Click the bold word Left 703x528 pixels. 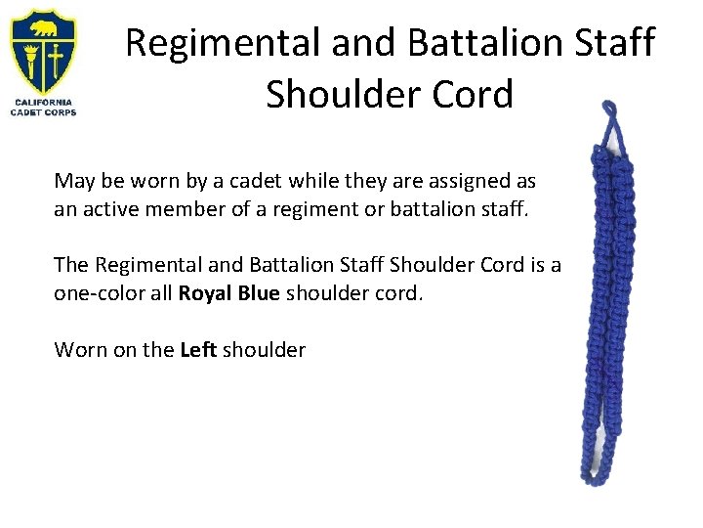198,349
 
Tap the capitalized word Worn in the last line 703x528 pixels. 76,349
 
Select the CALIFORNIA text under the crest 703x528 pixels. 43,103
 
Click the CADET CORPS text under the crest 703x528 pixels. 43,112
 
